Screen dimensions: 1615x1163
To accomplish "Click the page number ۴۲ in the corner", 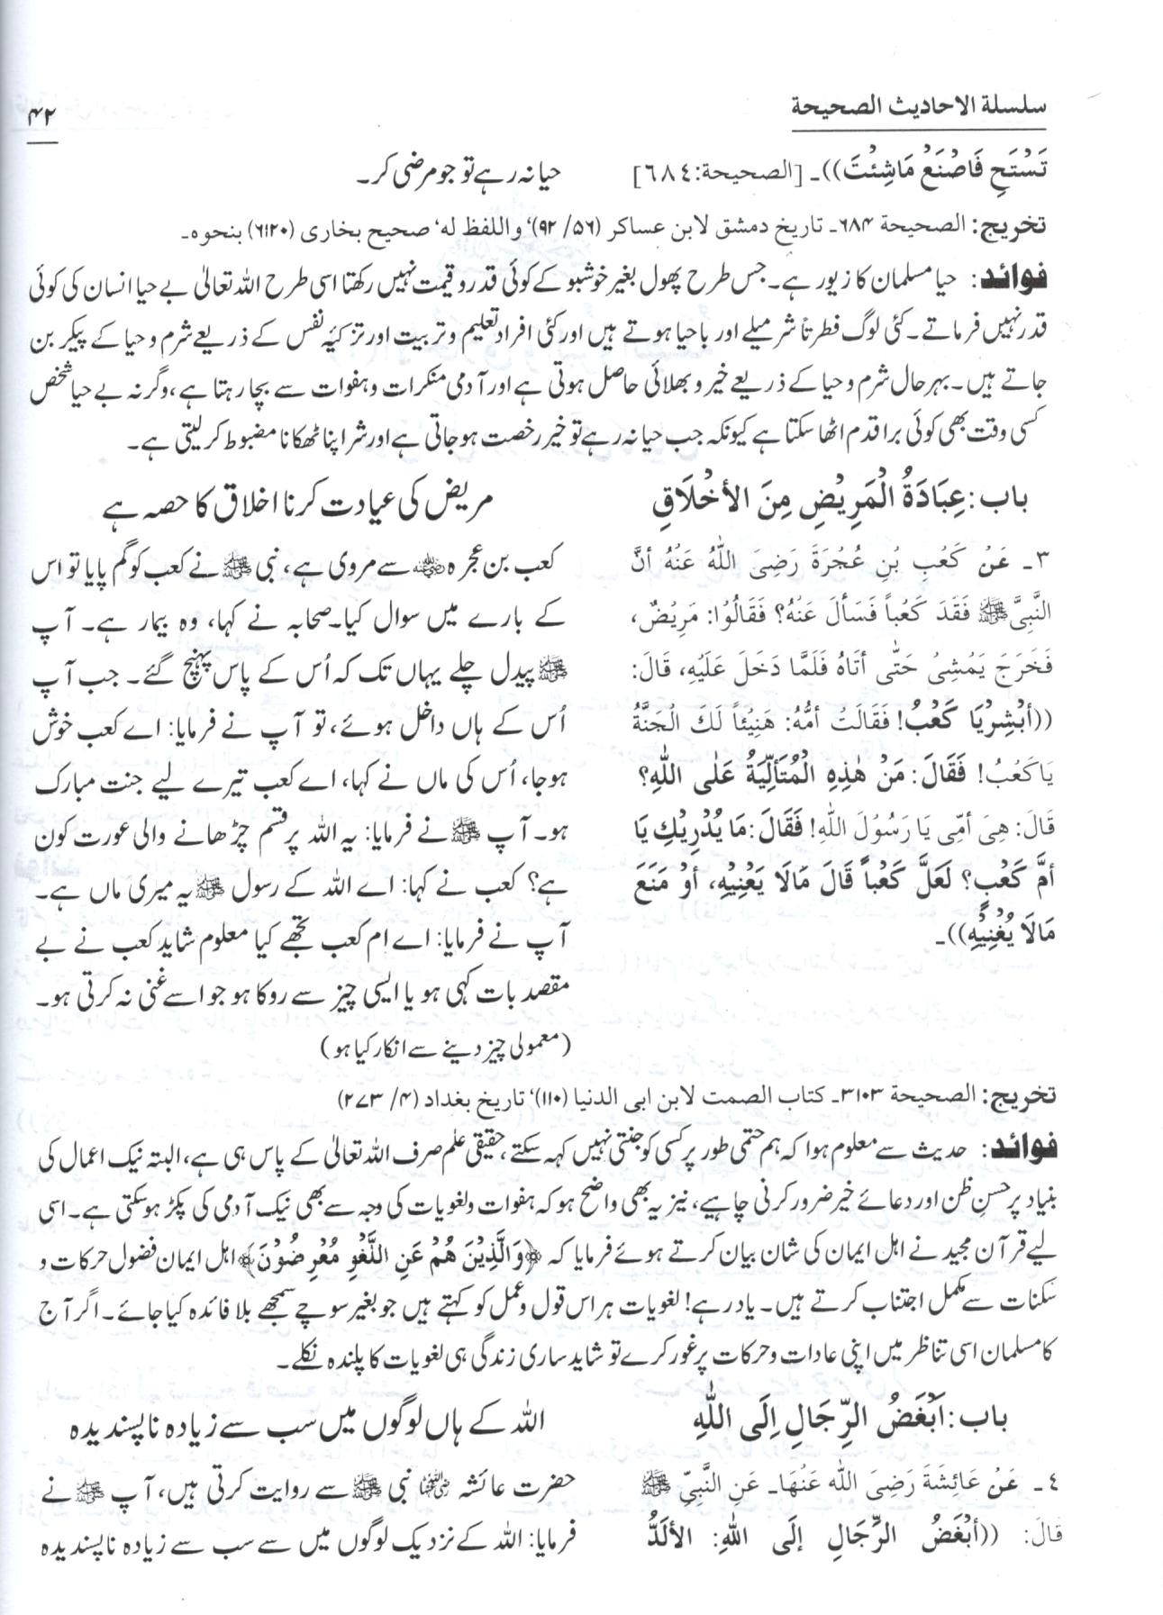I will (x=40, y=116).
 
